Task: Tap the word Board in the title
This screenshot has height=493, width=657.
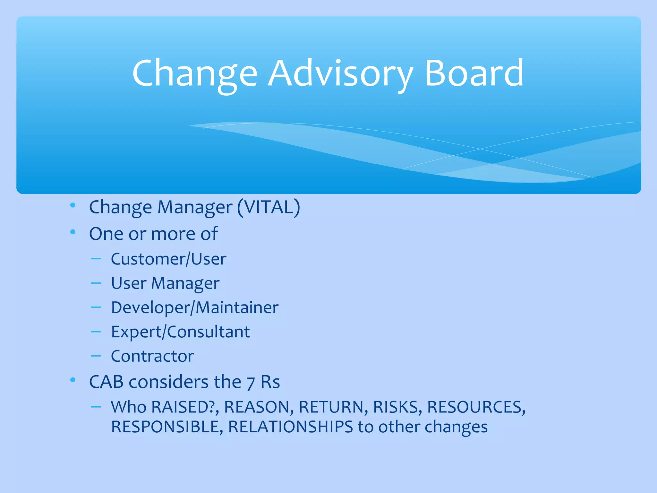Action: point(474,74)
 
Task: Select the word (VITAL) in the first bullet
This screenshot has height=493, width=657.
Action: point(269,207)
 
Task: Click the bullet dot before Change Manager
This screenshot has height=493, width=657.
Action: point(73,205)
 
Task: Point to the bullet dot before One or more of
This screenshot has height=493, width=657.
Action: point(73,231)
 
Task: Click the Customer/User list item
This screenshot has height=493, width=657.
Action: point(168,259)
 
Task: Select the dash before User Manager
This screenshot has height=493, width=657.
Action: point(96,283)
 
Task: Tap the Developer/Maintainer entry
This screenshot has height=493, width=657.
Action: point(194,307)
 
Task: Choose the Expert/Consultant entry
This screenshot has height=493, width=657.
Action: point(180,332)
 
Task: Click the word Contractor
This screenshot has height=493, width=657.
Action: point(152,356)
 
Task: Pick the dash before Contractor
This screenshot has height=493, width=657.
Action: point(96,356)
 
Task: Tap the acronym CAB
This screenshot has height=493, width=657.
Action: point(106,382)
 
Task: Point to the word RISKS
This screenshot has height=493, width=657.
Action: point(397,407)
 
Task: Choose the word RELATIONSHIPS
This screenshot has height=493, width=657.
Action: point(290,427)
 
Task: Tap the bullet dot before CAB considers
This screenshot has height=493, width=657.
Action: point(73,380)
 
